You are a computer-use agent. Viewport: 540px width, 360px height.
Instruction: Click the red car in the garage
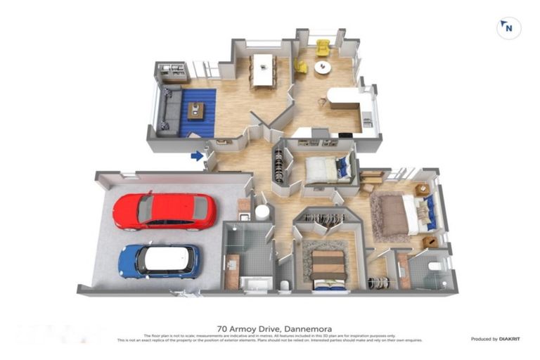(164, 211)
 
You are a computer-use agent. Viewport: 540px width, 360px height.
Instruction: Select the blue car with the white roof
(160, 260)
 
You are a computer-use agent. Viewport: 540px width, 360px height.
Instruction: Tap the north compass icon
(508, 28)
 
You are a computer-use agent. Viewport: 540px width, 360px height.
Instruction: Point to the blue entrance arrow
(198, 155)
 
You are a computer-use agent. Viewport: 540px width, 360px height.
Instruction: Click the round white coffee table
(322, 67)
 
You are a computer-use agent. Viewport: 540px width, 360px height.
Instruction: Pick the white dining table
(263, 69)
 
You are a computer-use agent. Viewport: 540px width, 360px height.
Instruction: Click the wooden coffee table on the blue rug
(196, 110)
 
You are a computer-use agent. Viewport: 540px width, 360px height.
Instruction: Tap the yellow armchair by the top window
(323, 47)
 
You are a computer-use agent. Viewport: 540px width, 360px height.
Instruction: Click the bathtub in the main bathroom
(255, 282)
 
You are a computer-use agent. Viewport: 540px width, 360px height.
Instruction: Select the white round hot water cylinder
(262, 212)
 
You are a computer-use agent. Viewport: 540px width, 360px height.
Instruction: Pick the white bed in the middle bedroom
(323, 169)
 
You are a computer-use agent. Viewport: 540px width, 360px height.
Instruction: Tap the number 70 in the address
(223, 328)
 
